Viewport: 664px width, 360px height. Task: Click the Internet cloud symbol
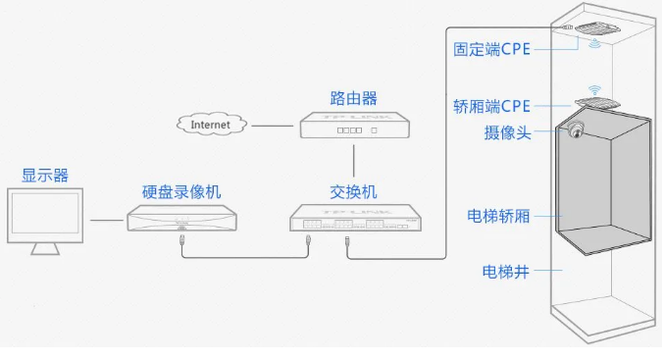tap(210, 125)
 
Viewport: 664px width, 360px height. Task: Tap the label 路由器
tap(353, 98)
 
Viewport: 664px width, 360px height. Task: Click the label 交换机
tap(353, 191)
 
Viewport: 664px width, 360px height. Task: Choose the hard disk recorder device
tap(183, 219)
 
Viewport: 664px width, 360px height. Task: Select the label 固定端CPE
tap(491, 49)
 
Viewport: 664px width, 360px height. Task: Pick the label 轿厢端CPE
tap(491, 107)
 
